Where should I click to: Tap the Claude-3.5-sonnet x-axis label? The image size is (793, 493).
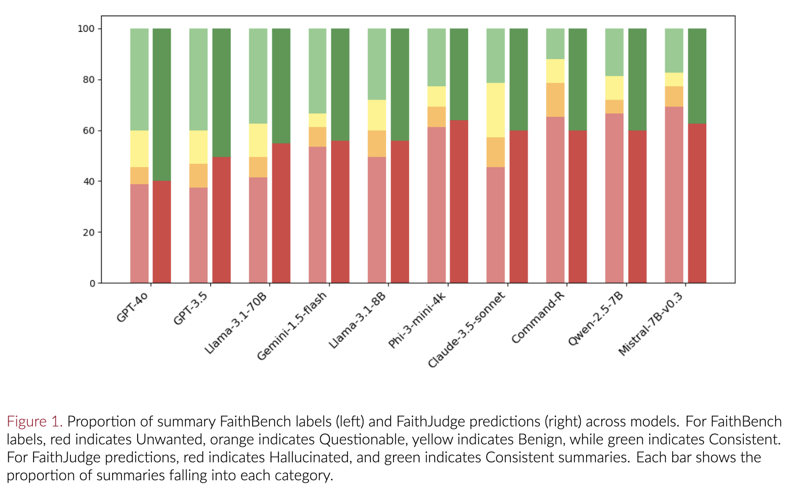pyautogui.click(x=466, y=330)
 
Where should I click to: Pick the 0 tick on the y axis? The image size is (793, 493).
pyautogui.click(x=91, y=284)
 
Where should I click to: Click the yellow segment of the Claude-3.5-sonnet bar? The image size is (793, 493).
pyautogui.click(x=495, y=110)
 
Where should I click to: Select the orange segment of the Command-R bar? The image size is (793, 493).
pyautogui.click(x=555, y=100)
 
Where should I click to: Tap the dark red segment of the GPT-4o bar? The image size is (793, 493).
pyautogui.click(x=162, y=231)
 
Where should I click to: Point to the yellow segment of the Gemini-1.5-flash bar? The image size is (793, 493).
pyautogui.click(x=317, y=120)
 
